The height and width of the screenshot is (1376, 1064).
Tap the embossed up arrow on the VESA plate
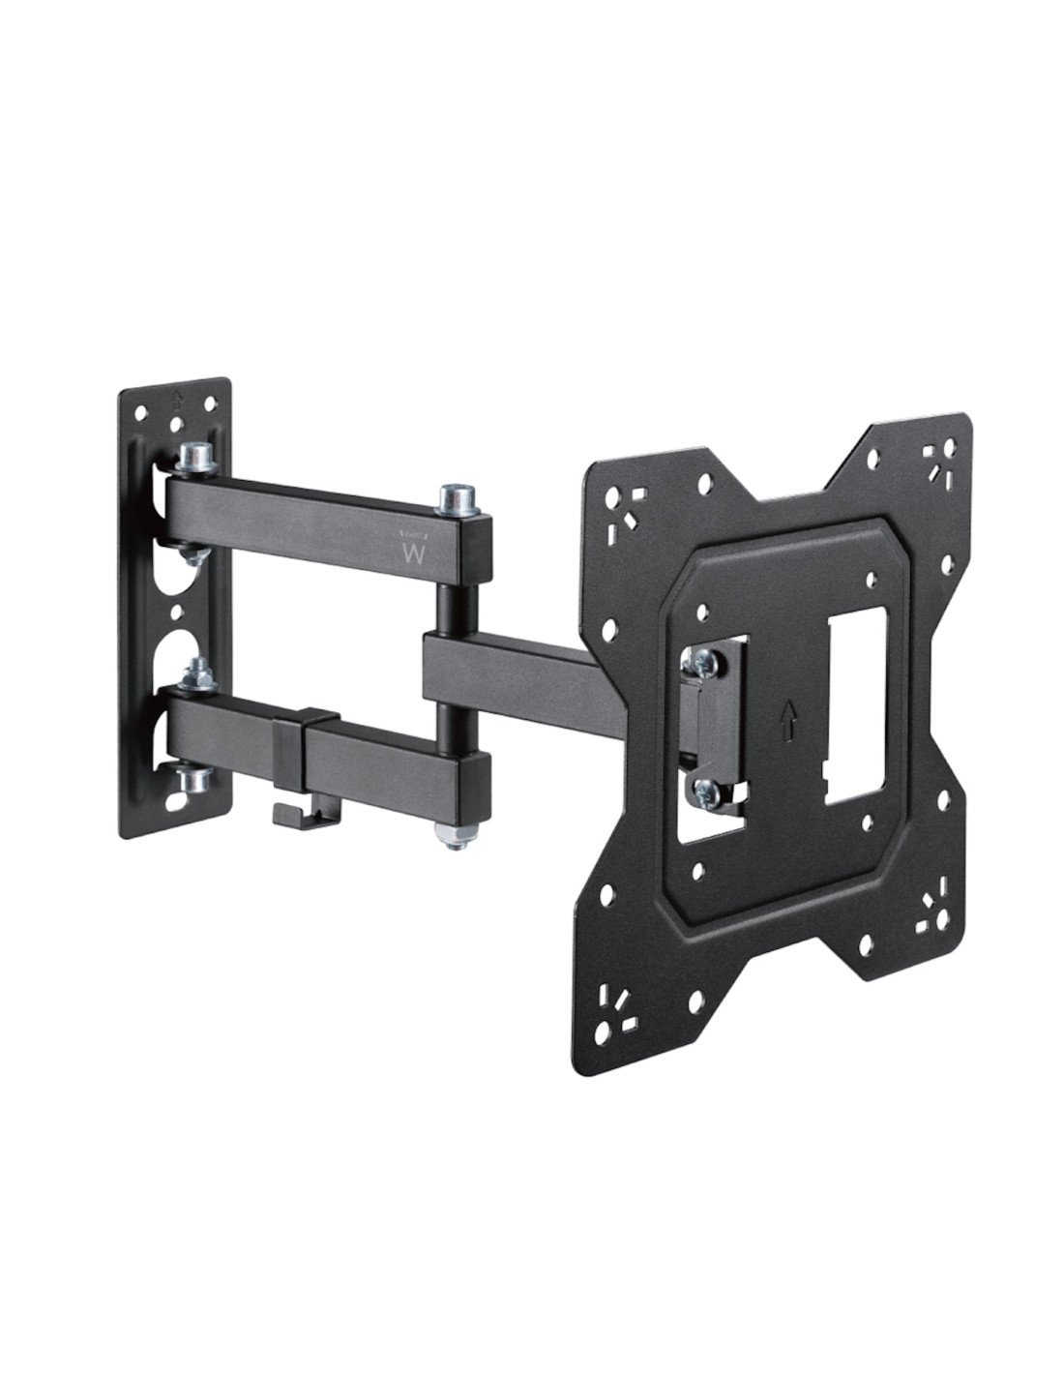[788, 720]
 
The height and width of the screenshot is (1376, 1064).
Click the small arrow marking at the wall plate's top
[177, 398]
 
